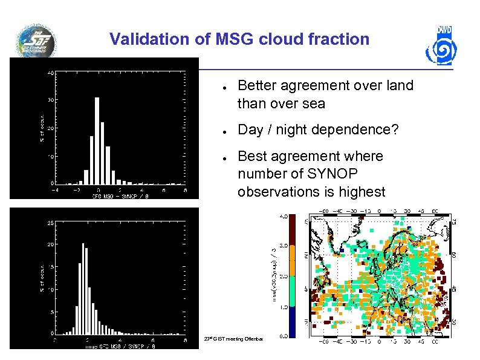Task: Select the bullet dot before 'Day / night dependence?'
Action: [224, 131]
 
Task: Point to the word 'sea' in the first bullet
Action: [314, 103]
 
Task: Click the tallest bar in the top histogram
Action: [97, 140]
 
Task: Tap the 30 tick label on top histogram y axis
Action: [51, 100]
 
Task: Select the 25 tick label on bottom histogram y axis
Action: [51, 222]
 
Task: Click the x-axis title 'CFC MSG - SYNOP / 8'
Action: [120, 196]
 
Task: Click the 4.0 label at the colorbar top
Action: [282, 216]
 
